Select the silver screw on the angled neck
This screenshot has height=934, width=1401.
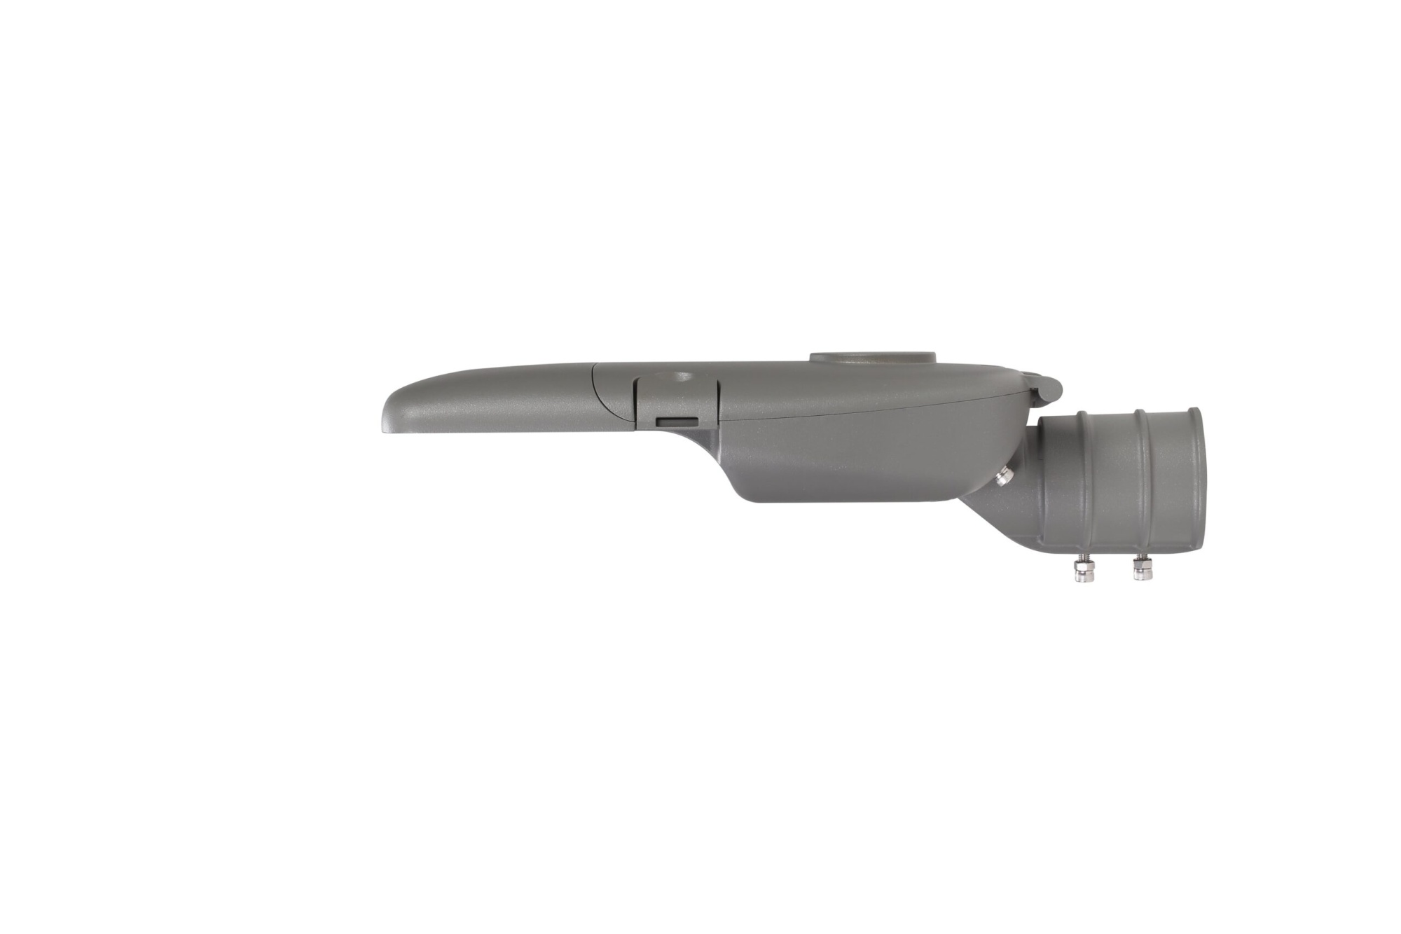[1003, 477]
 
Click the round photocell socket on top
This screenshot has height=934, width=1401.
[873, 357]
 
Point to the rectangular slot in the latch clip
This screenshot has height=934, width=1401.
[677, 421]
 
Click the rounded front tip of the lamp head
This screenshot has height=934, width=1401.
[387, 417]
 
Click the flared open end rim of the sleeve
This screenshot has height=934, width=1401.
[1191, 479]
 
